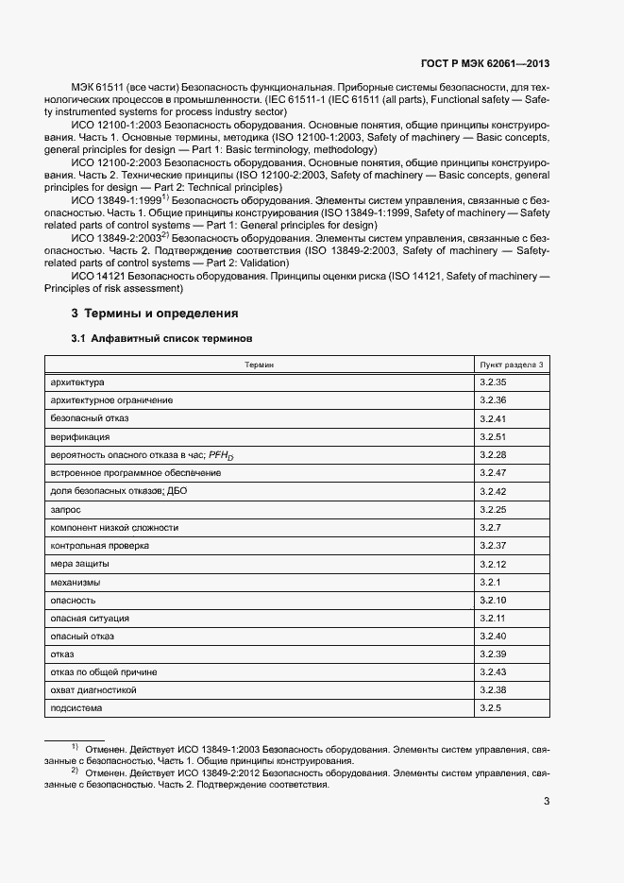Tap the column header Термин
(x=260, y=364)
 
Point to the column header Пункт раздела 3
(x=512, y=364)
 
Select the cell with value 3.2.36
(x=493, y=400)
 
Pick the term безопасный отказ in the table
(x=90, y=418)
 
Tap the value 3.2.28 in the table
(x=493, y=455)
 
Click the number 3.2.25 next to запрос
(x=493, y=509)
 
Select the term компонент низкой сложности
(x=114, y=527)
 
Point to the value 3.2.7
(x=490, y=527)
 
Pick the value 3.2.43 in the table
(x=493, y=671)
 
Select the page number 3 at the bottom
(x=547, y=803)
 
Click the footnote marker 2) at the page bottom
(x=75, y=771)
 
